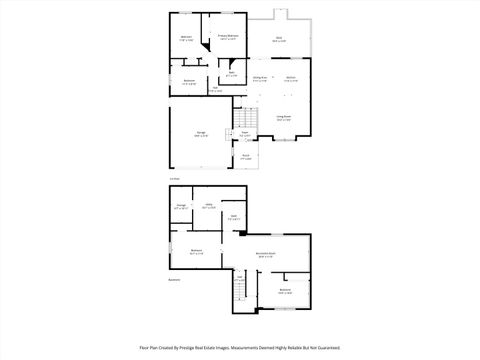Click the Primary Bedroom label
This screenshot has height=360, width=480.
228,36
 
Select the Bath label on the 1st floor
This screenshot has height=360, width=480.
230,73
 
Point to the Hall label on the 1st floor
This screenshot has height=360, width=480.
216,88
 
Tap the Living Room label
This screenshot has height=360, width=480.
285,116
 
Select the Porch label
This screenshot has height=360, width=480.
246,155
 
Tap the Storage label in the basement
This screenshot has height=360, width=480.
181,206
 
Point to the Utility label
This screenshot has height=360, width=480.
209,205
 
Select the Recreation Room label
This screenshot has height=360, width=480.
265,254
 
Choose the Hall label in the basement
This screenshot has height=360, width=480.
240,278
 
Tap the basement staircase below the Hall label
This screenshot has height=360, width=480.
240,296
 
